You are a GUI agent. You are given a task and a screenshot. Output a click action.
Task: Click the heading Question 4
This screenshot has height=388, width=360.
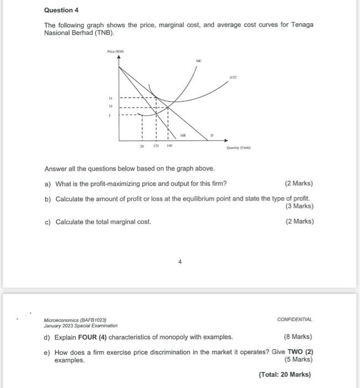[x=58, y=10]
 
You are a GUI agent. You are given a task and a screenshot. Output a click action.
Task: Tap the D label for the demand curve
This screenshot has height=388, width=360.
[x=211, y=135]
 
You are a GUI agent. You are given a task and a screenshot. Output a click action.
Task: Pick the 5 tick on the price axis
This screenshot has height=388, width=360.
[x=110, y=116]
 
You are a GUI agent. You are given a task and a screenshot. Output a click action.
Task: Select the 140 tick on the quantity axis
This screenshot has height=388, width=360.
[x=169, y=146]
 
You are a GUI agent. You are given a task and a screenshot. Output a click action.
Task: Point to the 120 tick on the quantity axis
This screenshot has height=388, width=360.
[x=157, y=146]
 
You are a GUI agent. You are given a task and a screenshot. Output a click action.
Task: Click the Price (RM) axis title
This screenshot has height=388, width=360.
[x=115, y=51]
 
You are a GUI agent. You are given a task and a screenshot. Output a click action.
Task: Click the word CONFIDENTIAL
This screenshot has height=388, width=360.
[x=295, y=320]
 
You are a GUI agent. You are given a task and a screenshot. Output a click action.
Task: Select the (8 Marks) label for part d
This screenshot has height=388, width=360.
[x=298, y=336]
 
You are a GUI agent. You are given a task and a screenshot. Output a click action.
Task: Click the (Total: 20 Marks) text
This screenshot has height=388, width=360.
[x=285, y=375]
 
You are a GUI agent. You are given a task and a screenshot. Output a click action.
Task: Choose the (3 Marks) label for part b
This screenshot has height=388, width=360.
[x=299, y=206]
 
